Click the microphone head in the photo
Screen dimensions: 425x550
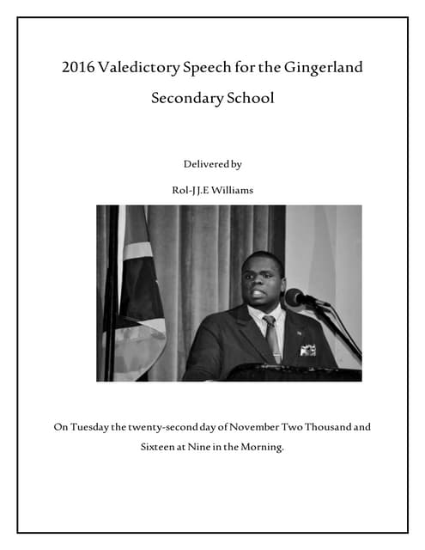click(x=294, y=297)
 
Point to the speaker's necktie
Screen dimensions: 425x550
click(x=271, y=337)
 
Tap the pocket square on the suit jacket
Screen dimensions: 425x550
click(x=307, y=349)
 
